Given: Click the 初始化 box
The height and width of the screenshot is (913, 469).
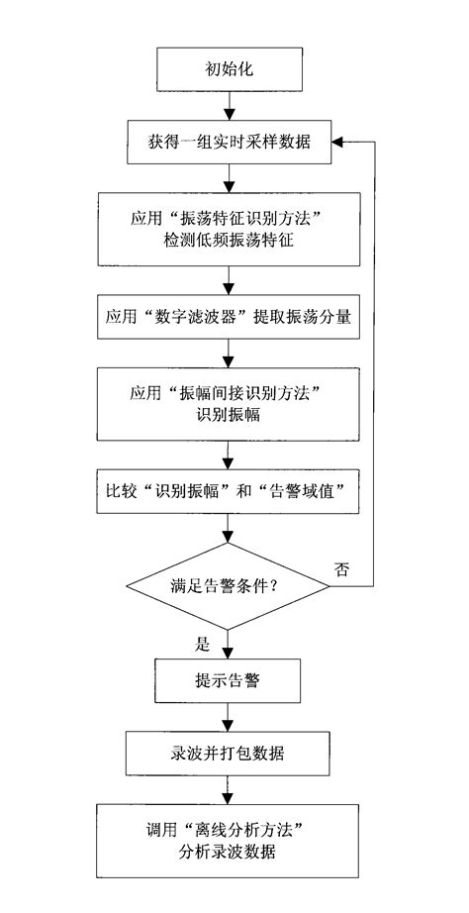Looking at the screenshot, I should click(x=230, y=69).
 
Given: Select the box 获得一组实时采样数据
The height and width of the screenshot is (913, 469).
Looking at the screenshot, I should click(x=230, y=143).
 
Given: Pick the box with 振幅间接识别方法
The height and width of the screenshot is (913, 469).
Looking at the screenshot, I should click(x=230, y=404).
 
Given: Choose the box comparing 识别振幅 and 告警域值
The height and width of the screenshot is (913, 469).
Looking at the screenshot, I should click(x=230, y=491).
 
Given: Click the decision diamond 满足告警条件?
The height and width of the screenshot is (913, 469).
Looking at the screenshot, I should click(x=230, y=586).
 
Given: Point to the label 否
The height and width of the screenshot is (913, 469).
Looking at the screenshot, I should click(x=341, y=568).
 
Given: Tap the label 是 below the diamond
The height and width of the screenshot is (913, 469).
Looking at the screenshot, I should click(x=203, y=645).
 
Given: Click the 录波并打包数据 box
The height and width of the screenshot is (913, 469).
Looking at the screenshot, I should click(x=230, y=755).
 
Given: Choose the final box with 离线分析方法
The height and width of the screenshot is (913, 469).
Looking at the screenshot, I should click(x=230, y=841).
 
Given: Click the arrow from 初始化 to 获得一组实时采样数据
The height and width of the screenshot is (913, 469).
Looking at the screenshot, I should click(x=230, y=106).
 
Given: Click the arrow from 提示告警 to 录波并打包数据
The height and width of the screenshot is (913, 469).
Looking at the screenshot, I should click(x=230, y=718).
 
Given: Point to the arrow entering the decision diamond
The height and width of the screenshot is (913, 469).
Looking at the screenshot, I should click(x=230, y=527).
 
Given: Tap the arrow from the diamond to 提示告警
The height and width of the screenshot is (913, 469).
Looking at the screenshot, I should click(x=230, y=644).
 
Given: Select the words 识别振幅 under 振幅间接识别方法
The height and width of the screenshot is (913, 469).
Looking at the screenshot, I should click(x=230, y=416).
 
